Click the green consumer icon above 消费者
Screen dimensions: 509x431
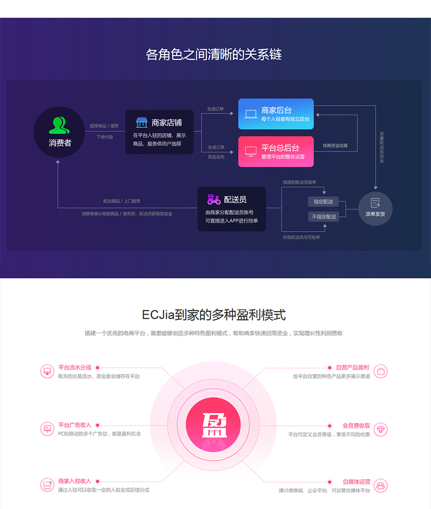pos(59,125)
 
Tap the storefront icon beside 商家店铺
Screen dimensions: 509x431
pos(142,122)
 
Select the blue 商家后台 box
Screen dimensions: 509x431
pos(276,114)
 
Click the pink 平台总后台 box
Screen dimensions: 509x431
pos(276,151)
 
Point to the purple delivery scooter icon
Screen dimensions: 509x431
pos(214,199)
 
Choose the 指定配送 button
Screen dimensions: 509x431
pos(323,202)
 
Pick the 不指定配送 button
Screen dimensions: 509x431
pos(324,216)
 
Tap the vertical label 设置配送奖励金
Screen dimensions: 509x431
pos(382,147)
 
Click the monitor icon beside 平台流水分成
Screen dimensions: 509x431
pos(47,371)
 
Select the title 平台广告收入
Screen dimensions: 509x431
pos(75,425)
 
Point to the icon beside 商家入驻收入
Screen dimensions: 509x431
pos(47,485)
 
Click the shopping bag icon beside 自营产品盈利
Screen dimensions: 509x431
pos(380,371)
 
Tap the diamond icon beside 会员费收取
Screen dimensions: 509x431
pos(380,429)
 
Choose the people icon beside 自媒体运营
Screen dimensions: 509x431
pos(380,485)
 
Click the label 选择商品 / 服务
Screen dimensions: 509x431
pos(104,126)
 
